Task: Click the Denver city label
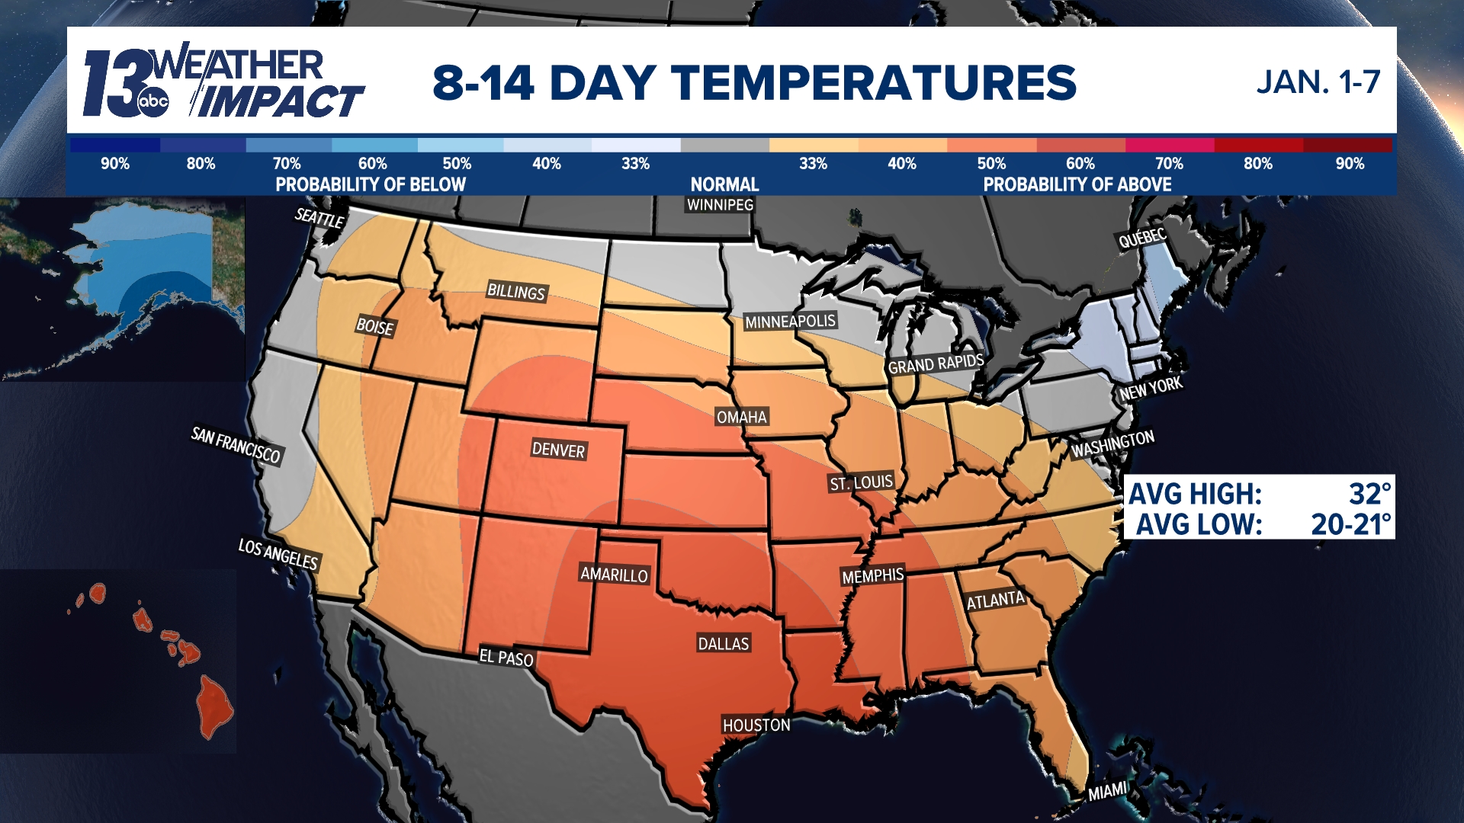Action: pos(558,450)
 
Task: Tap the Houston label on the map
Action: pos(756,725)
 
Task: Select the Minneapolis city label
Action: pos(790,322)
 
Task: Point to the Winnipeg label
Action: pos(720,204)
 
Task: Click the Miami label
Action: pos(1107,791)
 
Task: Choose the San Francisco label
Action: pos(236,445)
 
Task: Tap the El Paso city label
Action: pos(506,657)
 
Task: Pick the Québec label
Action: pos(1142,239)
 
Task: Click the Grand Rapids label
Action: pos(936,363)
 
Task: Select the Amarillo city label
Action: pos(614,575)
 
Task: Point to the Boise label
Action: pos(375,327)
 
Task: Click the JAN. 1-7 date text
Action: pos(1318,82)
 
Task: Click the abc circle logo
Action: pos(153,102)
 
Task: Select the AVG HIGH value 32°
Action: pos(1369,494)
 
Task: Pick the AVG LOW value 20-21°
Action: pos(1350,524)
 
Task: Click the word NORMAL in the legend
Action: pos(724,184)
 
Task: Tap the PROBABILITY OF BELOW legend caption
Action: pos(371,184)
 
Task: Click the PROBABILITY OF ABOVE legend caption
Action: pos(1077,184)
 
